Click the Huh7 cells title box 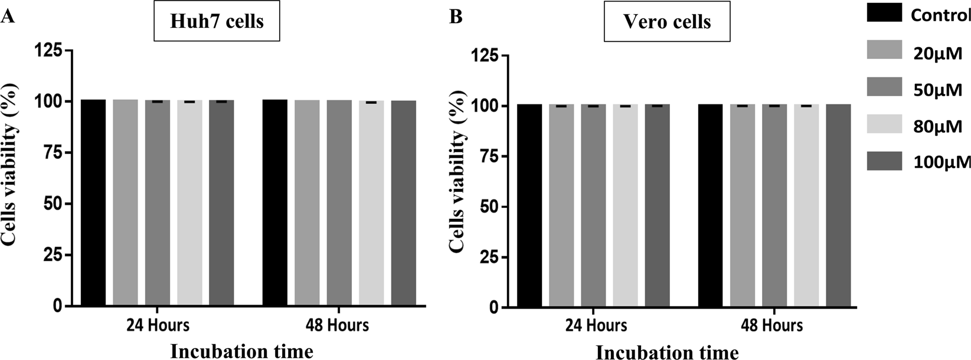(217, 22)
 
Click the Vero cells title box (667, 22)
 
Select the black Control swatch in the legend (884, 13)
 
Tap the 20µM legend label (937, 54)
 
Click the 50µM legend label (937, 90)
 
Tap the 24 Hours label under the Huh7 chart (158, 325)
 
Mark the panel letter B (456, 17)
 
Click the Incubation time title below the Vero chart (667, 352)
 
